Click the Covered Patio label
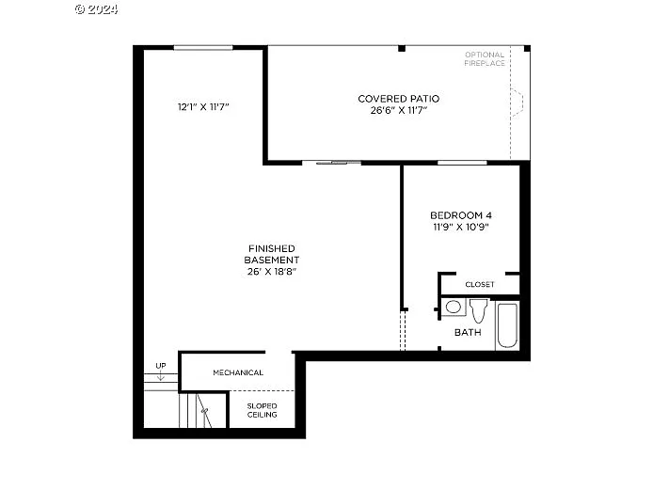coord(398,99)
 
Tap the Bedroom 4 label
coord(461,214)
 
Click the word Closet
coord(480,284)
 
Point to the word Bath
coord(468,332)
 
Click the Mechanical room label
coord(238,372)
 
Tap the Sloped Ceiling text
coord(263,410)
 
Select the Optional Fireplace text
coord(485,59)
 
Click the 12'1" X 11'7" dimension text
coord(203,107)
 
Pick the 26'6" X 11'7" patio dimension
coord(398,110)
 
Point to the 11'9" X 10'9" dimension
coord(461,227)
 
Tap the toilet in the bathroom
coord(478,309)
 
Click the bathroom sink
coord(454,307)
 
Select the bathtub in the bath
coord(507,325)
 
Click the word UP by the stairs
coord(161,366)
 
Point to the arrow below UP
coord(161,376)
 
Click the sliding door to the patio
coord(338,163)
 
